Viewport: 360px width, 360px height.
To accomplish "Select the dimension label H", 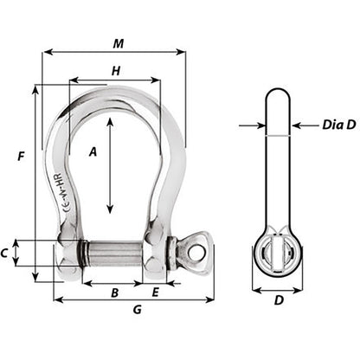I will pyautogui.click(x=116, y=72).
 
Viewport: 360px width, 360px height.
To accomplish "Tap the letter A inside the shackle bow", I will pyautogui.click(x=93, y=152).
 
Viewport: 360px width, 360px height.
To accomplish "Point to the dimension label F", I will pyautogui.click(x=18, y=156).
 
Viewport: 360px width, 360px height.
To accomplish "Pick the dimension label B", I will pyautogui.click(x=114, y=292).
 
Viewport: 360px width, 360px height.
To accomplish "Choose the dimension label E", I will pyautogui.click(x=155, y=292).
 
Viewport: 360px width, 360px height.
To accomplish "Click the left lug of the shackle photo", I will pyautogui.click(x=66, y=254).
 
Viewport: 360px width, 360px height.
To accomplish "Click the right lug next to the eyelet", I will pyautogui.click(x=159, y=254).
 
